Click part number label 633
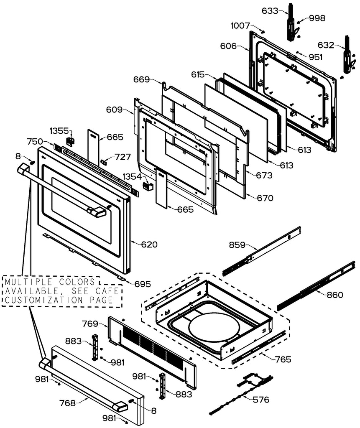(270, 11)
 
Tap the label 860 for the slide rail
(334, 295)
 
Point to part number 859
(237, 245)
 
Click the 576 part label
(261, 399)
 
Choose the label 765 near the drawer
(283, 359)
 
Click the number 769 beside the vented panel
(90, 324)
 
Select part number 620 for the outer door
(149, 245)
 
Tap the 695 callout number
(143, 284)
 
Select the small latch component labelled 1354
(147, 185)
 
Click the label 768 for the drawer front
(67, 403)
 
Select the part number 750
(35, 141)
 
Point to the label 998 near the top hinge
(317, 18)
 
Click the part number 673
(264, 176)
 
